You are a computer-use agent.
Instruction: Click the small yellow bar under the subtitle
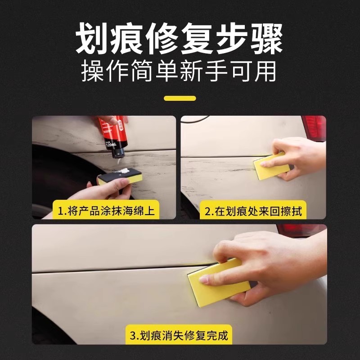(180, 98)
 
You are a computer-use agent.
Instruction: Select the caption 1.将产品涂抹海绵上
(106, 211)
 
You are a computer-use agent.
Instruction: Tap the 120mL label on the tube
(111, 145)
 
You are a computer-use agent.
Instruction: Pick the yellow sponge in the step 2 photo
(270, 166)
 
